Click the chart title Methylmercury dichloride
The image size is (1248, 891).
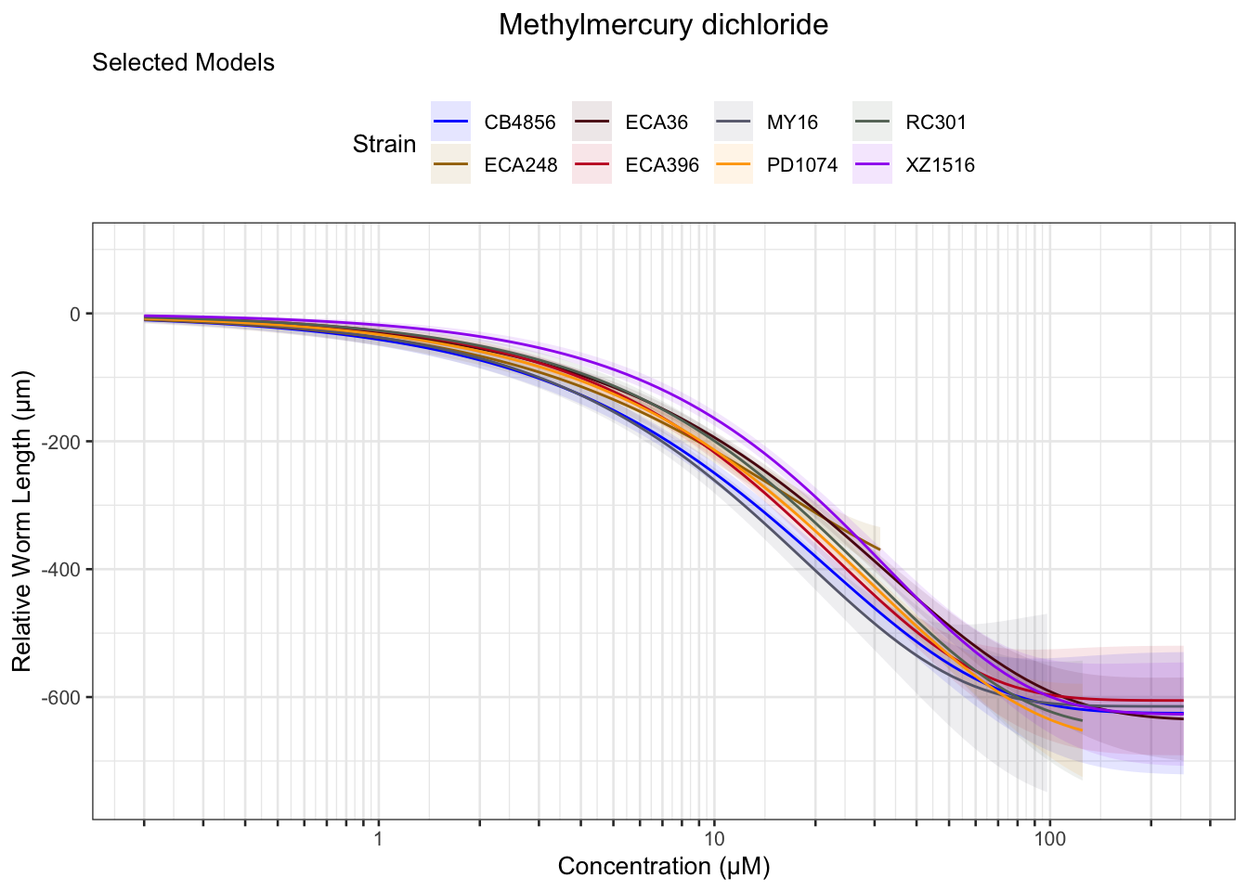tap(663, 25)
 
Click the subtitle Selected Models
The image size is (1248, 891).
tap(183, 63)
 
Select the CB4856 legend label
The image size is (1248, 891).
tap(520, 123)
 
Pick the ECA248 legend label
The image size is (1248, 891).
tap(520, 166)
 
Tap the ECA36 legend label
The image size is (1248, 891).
tap(656, 123)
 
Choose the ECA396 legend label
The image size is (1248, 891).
tap(662, 166)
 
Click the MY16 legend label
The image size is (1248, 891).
tap(792, 123)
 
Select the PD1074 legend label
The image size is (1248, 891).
tap(802, 166)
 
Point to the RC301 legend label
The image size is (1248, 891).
tap(936, 123)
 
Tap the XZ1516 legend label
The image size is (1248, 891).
tap(940, 166)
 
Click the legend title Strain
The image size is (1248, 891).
tap(384, 145)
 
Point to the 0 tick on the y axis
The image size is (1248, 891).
tap(75, 314)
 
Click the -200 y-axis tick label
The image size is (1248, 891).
tap(64, 442)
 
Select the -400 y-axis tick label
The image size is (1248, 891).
tap(64, 570)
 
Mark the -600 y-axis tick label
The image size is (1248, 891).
tap(64, 698)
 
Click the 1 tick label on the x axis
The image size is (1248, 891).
tap(378, 839)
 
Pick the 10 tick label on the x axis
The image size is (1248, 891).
tap(713, 839)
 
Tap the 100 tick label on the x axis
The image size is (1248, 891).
tap(1049, 839)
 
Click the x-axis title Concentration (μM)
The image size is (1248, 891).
tap(664, 867)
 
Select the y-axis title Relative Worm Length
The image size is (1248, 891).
tap(22, 521)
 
